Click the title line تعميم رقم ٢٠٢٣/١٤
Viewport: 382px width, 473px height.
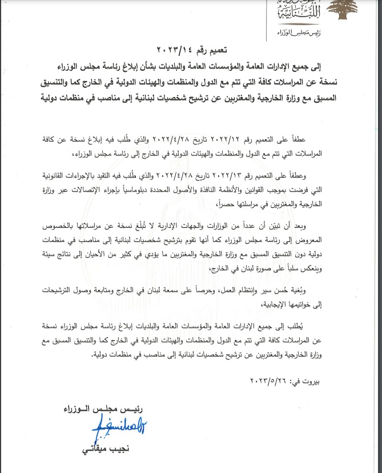click(x=190, y=51)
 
